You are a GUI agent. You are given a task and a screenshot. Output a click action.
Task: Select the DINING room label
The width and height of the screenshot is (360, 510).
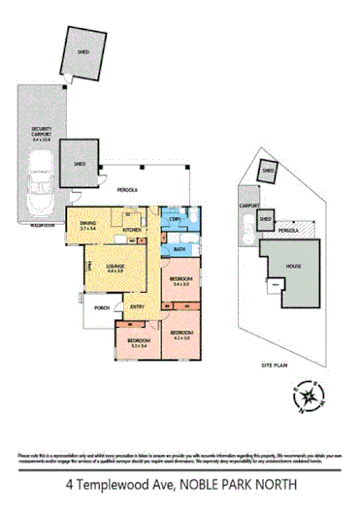[x=87, y=225]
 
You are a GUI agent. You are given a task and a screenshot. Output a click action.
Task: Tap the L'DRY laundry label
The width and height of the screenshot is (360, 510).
[x=174, y=220]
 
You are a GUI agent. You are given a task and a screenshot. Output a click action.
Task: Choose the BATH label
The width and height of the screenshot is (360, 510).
[x=180, y=249]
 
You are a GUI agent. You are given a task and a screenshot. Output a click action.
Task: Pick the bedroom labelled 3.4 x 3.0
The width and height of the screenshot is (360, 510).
[x=180, y=280]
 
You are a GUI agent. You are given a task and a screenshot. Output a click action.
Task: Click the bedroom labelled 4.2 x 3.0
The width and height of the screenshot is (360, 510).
[x=181, y=335]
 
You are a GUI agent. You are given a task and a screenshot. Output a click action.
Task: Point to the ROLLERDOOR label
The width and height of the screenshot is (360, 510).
[x=42, y=224]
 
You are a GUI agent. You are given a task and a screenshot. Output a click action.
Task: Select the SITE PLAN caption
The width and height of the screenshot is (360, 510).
[x=276, y=366]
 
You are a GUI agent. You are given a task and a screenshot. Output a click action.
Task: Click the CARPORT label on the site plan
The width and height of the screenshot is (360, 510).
[x=246, y=206]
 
